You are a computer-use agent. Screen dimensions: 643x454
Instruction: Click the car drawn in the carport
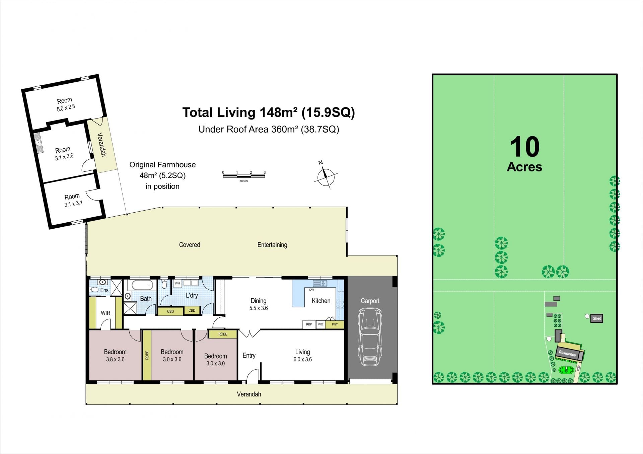[370, 337]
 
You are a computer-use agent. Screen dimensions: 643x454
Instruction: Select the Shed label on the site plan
[597, 318]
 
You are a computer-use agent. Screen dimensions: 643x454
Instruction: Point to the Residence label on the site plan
[567, 353]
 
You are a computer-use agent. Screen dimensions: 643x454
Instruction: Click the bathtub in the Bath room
[142, 286]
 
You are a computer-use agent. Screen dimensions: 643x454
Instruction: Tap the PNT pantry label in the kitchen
[335, 324]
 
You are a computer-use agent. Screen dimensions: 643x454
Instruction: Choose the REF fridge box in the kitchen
[309, 324]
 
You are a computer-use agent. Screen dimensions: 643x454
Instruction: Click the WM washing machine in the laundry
[177, 284]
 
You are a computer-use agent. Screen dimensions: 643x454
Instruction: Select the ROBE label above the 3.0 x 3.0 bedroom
[223, 334]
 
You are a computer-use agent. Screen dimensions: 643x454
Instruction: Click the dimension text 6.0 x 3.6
[303, 360]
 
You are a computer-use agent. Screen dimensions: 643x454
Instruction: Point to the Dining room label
[259, 301]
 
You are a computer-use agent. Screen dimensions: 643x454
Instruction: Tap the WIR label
[105, 313]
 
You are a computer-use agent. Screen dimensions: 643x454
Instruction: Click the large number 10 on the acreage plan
[525, 147]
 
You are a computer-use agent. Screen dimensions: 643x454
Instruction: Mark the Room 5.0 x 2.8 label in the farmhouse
[65, 104]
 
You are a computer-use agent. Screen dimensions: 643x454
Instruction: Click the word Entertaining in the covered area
[272, 245]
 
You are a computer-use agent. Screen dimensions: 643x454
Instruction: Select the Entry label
[249, 356]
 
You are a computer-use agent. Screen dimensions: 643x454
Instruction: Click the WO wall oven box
[320, 324]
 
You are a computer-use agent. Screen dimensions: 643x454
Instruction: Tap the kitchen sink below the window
[320, 284]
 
